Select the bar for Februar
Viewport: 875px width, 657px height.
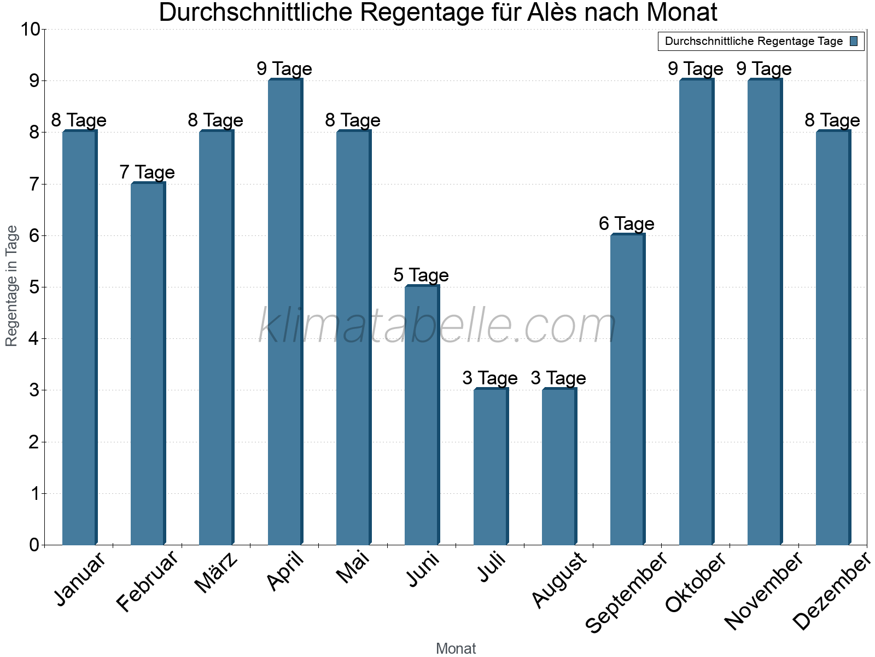[x=148, y=364]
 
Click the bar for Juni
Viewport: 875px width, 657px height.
[x=422, y=416]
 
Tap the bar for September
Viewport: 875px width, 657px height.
[x=627, y=390]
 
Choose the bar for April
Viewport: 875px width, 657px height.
[x=285, y=312]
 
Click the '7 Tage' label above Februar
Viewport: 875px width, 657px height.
[x=147, y=172]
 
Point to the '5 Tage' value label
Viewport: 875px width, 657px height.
[x=421, y=275]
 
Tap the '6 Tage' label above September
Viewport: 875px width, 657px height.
[x=627, y=224]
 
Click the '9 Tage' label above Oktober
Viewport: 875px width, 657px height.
[x=696, y=69]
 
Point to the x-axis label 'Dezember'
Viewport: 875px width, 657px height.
[x=831, y=591]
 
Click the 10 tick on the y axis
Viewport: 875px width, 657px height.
[x=30, y=30]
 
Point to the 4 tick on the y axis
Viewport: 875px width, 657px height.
[x=34, y=339]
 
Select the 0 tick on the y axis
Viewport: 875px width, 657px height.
[x=34, y=545]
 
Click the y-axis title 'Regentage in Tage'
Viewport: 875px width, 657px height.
[x=11, y=286]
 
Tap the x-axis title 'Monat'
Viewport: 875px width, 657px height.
[x=456, y=649]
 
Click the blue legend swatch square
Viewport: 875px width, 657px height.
[x=854, y=41]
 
